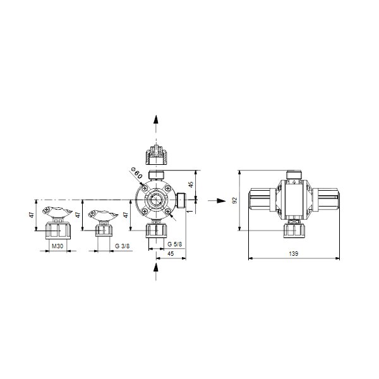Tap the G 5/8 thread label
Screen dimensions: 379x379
pyautogui.click(x=160, y=244)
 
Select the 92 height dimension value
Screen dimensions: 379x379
pyautogui.click(x=234, y=201)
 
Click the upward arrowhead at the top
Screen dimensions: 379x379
pyautogui.click(x=156, y=120)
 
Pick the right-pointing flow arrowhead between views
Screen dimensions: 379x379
pyautogui.click(x=220, y=201)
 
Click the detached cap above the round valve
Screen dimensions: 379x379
pyautogui.click(x=156, y=153)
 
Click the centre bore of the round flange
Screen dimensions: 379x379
pyautogui.click(x=156, y=201)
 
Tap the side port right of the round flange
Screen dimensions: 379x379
pyautogui.click(x=181, y=201)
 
